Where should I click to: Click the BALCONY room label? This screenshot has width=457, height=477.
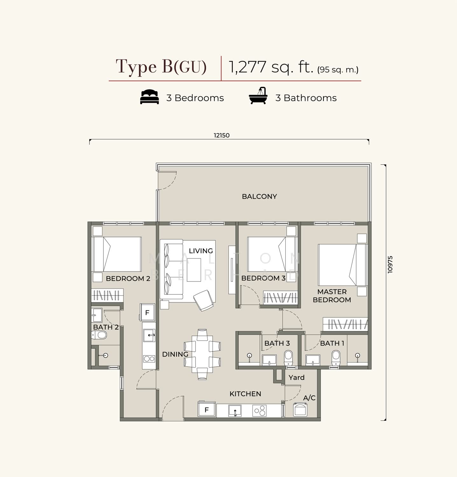(259, 197)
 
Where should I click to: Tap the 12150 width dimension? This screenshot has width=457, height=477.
(222, 135)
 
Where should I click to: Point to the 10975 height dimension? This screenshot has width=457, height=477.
(390, 264)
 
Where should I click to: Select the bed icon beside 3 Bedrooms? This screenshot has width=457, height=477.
(149, 97)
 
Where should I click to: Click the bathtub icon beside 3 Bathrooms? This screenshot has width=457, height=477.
(258, 96)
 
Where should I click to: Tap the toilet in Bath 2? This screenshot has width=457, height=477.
(99, 335)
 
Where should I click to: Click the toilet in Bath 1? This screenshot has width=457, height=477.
(336, 358)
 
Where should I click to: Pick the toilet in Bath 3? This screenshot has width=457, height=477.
(288, 358)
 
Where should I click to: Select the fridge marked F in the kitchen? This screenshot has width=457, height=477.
(207, 410)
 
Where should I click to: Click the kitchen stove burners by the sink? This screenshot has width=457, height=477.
(260, 411)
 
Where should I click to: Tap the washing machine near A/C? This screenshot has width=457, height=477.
(300, 409)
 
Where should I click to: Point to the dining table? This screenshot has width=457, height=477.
(202, 354)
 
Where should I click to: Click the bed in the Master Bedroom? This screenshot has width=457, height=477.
(343, 265)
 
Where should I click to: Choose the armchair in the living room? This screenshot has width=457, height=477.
(204, 301)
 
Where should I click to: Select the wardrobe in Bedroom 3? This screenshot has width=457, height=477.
(280, 297)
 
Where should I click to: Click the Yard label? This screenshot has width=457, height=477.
(296, 377)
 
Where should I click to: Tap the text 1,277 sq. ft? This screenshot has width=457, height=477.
(271, 67)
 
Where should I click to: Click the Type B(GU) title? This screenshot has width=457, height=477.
(161, 67)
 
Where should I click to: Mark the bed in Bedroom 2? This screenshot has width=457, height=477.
(117, 254)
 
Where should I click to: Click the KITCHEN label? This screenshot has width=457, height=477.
(245, 394)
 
